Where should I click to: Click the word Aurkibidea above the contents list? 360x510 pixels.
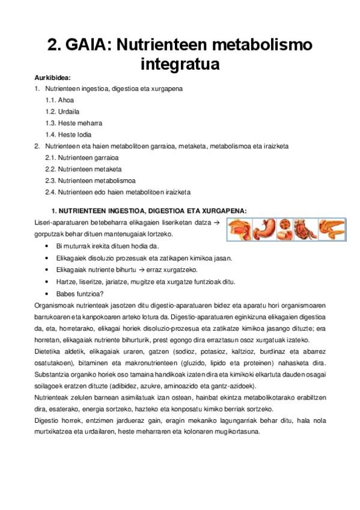[x=53, y=78]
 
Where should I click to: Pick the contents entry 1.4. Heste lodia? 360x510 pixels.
[x=69, y=135]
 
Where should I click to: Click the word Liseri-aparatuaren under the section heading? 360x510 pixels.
[x=61, y=223]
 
